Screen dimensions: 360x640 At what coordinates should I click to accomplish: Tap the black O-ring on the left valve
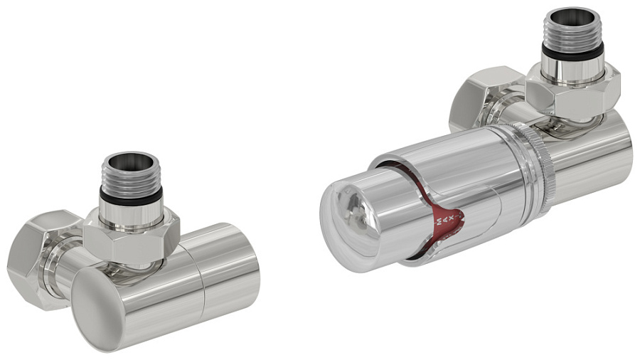coord(130,194)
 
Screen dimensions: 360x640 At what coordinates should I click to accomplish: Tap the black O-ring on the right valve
coord(572,51)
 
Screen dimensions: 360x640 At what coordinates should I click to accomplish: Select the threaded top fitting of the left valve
coord(130,174)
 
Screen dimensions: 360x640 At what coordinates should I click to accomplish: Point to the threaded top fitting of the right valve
coord(572,32)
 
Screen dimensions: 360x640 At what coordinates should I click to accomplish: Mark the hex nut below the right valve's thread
coord(573,92)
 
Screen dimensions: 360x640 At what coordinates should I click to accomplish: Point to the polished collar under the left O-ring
coord(131,211)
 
